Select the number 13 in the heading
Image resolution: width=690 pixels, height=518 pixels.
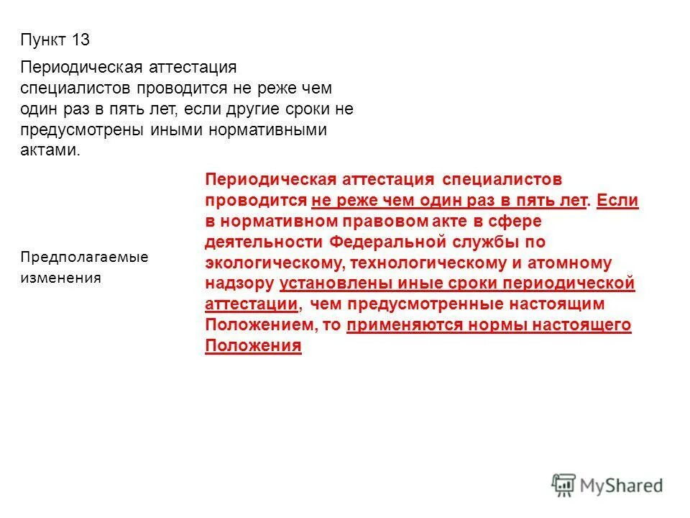(x=80, y=40)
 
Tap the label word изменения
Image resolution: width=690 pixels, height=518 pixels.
(x=61, y=278)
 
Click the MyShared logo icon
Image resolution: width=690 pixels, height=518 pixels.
(x=563, y=484)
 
